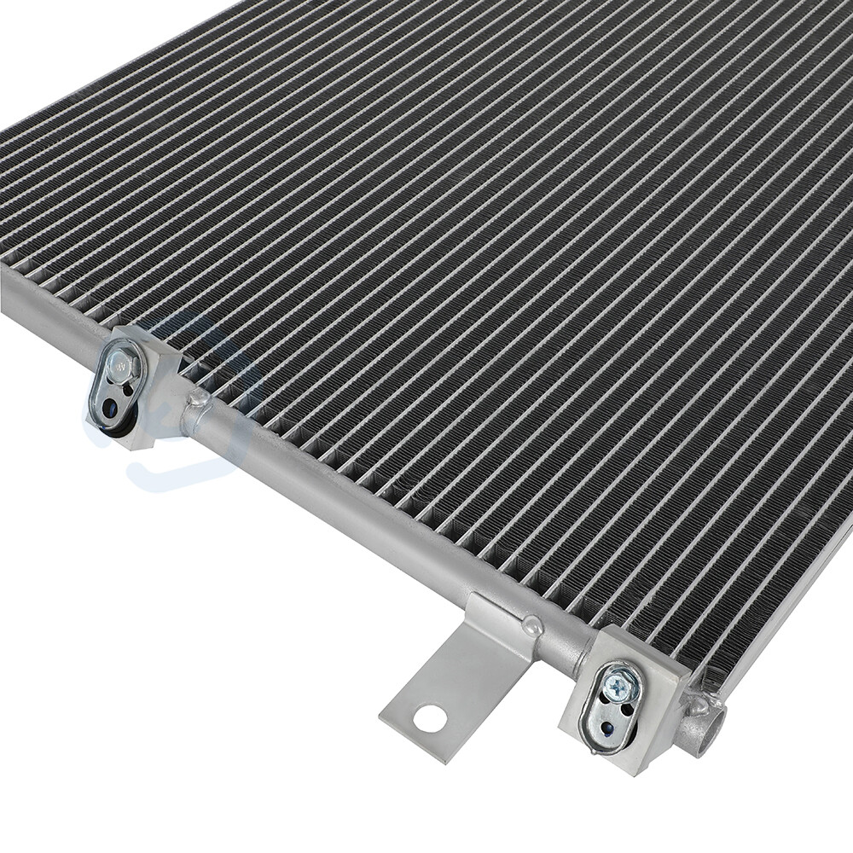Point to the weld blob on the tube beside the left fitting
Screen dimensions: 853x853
[x=198, y=397]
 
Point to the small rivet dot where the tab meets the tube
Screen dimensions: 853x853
[x=534, y=625]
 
